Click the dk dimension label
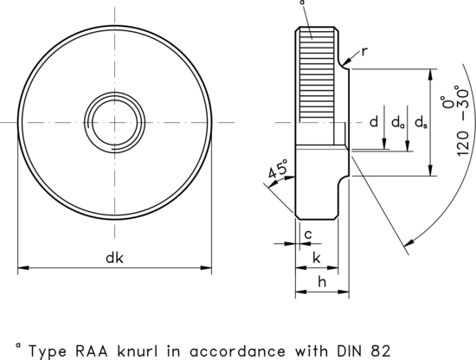click(x=115, y=257)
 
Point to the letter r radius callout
click(x=365, y=51)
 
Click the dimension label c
click(x=306, y=234)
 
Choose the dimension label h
click(x=321, y=281)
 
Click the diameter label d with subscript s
click(x=421, y=123)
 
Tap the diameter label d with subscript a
click(x=397, y=123)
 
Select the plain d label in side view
click(x=374, y=122)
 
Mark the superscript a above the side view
click(x=302, y=3)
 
